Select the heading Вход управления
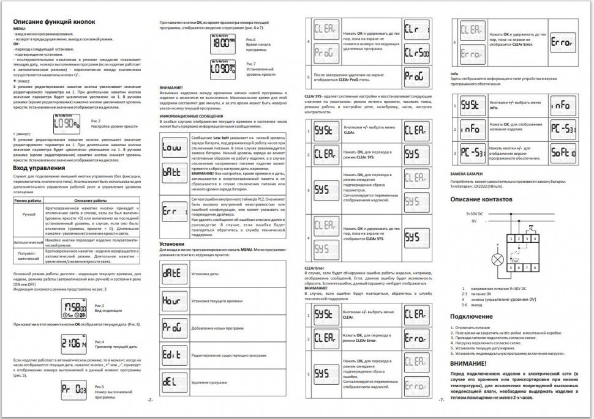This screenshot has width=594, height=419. pos(39,168)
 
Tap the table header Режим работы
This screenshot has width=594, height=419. pos(28,201)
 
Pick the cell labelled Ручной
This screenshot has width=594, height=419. pos(28,215)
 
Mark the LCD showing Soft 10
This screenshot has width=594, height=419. pos(563,156)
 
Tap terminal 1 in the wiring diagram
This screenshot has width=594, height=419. pos(509,237)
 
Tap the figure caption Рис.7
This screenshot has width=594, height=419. pos(250,64)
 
